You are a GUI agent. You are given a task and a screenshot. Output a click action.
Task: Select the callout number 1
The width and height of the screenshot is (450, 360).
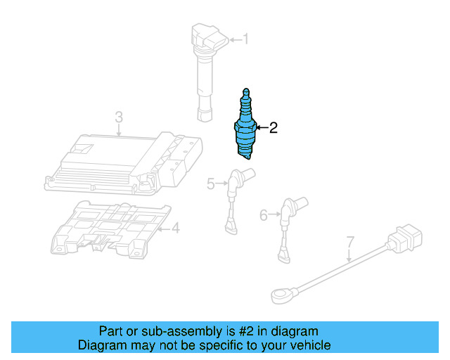[245, 39]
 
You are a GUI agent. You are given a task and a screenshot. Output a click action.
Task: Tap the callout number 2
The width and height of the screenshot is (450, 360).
[274, 127]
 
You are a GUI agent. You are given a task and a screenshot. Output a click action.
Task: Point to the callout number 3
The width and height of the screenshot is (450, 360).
[119, 116]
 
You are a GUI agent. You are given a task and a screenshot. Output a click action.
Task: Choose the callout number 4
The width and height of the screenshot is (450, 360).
[176, 227]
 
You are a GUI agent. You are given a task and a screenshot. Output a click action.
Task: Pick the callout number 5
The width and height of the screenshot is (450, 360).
[210, 184]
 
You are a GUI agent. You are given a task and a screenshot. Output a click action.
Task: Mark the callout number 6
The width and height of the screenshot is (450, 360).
[264, 214]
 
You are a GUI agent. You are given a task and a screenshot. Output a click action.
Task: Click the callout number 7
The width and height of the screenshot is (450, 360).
[349, 243]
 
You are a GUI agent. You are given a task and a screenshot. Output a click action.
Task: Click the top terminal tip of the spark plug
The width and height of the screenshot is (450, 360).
[245, 91]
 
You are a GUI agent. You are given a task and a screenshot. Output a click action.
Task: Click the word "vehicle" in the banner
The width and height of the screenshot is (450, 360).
[310, 345]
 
